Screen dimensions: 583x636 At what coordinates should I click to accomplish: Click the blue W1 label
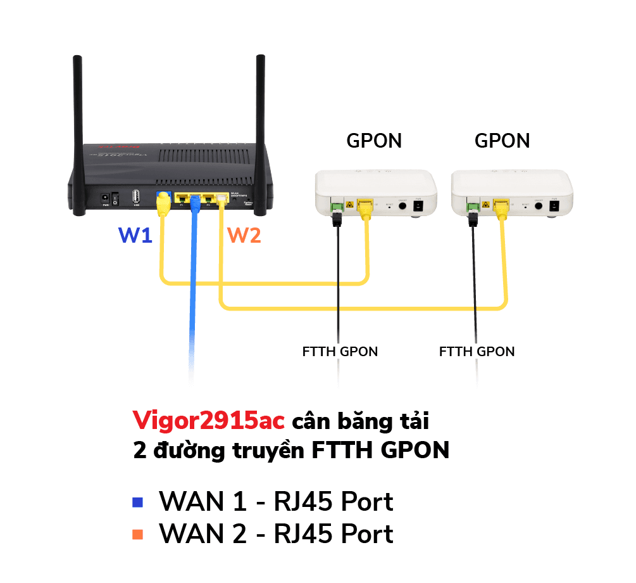tap(135, 236)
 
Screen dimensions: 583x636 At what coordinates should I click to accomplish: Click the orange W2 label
tap(244, 236)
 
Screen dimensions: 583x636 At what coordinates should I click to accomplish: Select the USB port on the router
tap(136, 197)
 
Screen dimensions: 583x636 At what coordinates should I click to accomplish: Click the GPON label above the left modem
tap(373, 141)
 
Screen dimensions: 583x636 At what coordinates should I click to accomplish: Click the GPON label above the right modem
tap(502, 141)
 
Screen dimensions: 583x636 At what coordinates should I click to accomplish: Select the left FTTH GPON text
tap(340, 351)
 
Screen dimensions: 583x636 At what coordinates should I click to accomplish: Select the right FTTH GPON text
tap(477, 351)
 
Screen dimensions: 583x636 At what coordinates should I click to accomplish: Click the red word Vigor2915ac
tap(208, 420)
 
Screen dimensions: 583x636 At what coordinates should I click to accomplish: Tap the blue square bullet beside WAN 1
tap(137, 503)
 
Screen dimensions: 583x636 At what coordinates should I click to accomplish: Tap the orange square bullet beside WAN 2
tap(137, 535)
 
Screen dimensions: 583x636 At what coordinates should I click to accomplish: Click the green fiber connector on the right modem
tap(471, 205)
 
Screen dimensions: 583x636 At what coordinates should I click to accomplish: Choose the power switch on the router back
tap(115, 198)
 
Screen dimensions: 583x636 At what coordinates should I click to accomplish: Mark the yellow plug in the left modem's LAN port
tap(365, 205)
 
